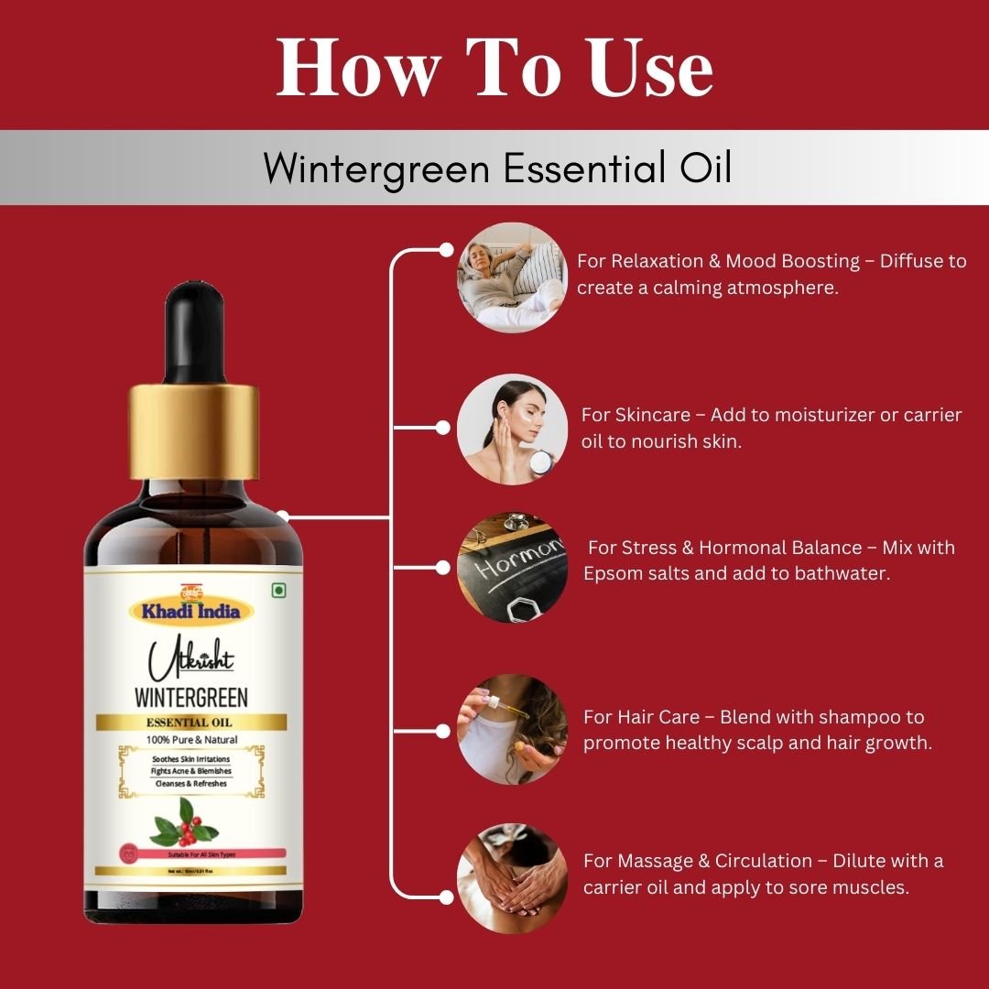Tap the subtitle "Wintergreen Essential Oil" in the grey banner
[497, 168]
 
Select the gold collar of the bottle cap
[193, 431]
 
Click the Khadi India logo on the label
[190, 608]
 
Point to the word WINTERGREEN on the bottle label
[190, 697]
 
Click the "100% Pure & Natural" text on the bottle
[191, 740]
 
